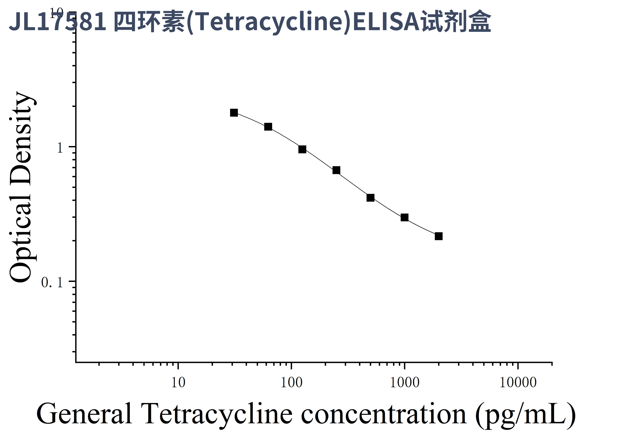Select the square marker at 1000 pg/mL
point(404,217)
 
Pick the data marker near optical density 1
point(302,149)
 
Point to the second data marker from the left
point(268,127)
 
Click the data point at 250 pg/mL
point(336,170)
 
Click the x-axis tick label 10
point(178,383)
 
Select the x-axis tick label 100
point(291,383)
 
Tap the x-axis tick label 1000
point(404,383)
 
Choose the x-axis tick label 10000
point(518,383)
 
